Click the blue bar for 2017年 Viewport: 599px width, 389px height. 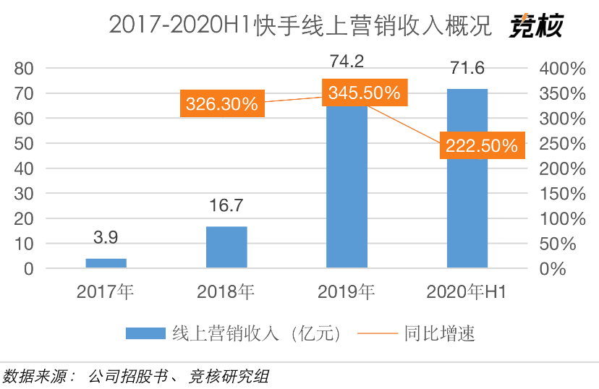[106, 263]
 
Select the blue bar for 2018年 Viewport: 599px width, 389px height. [226, 247]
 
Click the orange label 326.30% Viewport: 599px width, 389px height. [221, 104]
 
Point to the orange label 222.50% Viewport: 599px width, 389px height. [481, 146]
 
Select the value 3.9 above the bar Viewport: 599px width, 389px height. [106, 237]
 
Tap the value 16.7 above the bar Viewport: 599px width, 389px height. [226, 205]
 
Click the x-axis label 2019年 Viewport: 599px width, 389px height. [347, 293]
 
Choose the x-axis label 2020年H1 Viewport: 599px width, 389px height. [467, 293]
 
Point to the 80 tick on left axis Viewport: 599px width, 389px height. [24, 68]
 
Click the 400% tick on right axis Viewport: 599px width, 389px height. [561, 68]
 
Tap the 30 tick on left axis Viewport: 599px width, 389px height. [24, 193]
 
